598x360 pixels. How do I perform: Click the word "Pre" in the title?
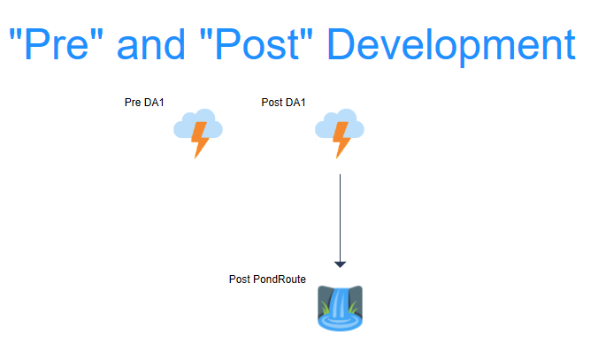click(57, 43)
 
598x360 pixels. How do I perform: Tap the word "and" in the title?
click(151, 43)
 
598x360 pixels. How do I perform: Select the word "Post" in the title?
click(257, 43)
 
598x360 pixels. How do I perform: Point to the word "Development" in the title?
click(451, 47)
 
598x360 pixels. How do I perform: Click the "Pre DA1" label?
click(144, 103)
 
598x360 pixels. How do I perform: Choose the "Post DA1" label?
click(283, 103)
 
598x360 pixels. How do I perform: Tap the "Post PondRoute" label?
click(267, 280)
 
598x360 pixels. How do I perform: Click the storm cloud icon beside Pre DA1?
click(198, 134)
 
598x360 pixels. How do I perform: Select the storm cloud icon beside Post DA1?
click(340, 134)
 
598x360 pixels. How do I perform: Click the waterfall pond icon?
click(341, 308)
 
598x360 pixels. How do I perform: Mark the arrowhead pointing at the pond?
click(341, 264)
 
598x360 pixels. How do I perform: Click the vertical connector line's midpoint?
click(341, 218)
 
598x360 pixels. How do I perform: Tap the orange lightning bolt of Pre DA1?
click(199, 140)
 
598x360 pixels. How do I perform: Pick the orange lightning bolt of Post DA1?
click(341, 140)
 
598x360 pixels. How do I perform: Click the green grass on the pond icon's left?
click(325, 308)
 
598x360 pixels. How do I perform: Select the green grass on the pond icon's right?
click(353, 307)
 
